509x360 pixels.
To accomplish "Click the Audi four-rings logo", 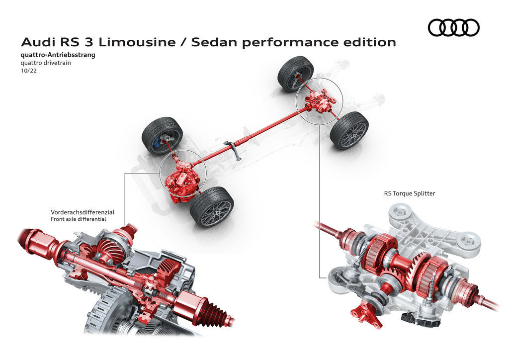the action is click(453, 27).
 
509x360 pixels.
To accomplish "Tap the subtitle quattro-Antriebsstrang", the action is click(58, 55).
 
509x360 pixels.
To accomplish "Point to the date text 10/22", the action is click(29, 71).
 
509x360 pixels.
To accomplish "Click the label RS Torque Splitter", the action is click(410, 193).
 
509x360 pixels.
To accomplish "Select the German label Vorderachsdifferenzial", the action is click(83, 212).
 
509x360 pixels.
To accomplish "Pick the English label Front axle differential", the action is click(78, 219).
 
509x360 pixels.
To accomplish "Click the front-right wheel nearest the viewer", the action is click(212, 207).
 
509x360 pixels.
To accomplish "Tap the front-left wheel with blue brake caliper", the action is click(163, 136).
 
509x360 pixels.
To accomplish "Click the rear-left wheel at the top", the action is click(296, 74).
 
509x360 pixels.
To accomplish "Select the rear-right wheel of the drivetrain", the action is click(349, 130).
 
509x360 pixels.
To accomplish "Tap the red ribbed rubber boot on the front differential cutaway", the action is click(214, 311).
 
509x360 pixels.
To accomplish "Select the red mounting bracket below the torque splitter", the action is click(365, 313).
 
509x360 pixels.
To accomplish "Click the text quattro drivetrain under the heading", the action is click(46, 63).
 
